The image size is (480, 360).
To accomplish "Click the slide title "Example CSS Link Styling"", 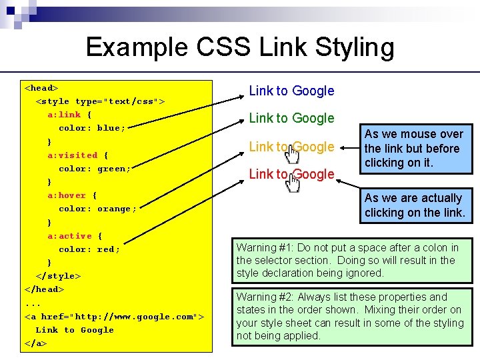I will pos(240,47).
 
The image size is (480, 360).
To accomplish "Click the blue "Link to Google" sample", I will pos(291,91).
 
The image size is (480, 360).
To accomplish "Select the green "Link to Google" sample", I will pos(291,118).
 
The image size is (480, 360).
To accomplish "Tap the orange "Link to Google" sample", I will pos(291,147).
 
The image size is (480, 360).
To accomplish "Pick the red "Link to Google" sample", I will pos(291,174).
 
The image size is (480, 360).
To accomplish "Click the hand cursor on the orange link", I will pos(292,155).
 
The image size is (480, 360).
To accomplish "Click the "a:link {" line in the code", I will pos(69,115).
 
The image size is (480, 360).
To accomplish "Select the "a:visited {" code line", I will pos(77,155).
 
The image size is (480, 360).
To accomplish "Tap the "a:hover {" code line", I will pos(72,195).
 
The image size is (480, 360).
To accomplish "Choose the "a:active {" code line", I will pos(75,236).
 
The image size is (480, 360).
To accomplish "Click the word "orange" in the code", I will pos(117,209).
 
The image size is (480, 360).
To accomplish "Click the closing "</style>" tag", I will pos(58,276).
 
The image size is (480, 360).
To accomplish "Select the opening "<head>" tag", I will pos(41,87).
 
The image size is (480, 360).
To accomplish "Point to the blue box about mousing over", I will pos(414,149).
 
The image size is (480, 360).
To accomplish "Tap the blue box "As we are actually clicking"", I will pos(414,205).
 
